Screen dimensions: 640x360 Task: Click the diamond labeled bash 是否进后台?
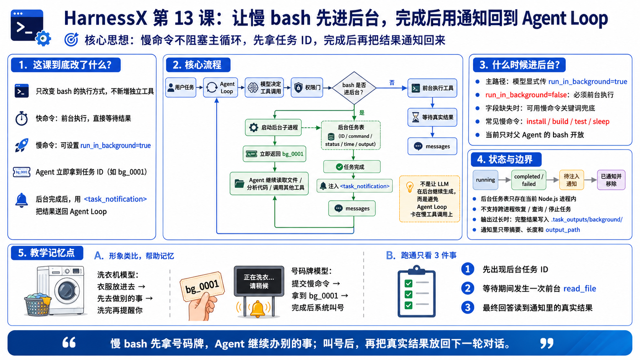coord(354,88)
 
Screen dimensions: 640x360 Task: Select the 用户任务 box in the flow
coord(181,87)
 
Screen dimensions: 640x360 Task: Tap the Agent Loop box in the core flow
coord(220,87)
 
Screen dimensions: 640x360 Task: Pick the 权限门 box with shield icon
coord(307,87)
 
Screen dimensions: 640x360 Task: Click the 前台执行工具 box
coord(432,88)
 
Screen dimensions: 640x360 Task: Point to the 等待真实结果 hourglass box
coord(432,117)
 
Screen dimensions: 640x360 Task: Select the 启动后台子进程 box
coord(273,127)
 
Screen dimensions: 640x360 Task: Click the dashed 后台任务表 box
coord(351,135)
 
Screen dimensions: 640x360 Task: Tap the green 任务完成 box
coord(352,167)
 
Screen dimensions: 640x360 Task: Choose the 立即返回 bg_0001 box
coord(274,154)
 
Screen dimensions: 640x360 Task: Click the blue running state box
coord(485,180)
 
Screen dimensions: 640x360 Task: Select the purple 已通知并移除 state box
coord(611,180)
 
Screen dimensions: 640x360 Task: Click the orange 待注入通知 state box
coord(571,180)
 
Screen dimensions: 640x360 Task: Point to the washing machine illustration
coord(56,291)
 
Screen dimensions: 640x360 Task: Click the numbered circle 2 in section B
coord(467,288)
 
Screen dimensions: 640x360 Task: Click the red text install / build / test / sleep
coord(568,121)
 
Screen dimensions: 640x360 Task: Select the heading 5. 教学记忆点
coord(47,253)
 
